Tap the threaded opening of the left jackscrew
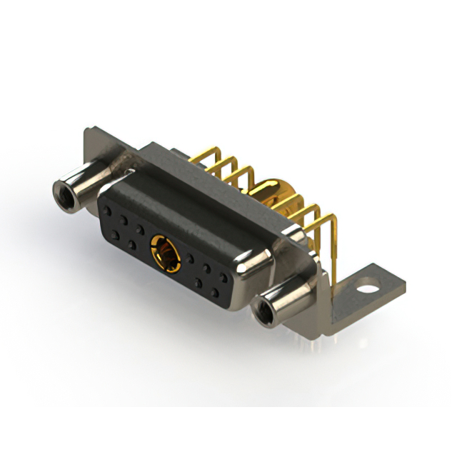[62, 191]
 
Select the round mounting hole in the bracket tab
[368, 291]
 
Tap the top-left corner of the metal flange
[87, 131]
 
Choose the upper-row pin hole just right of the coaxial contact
[192, 258]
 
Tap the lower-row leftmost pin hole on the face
[114, 233]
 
